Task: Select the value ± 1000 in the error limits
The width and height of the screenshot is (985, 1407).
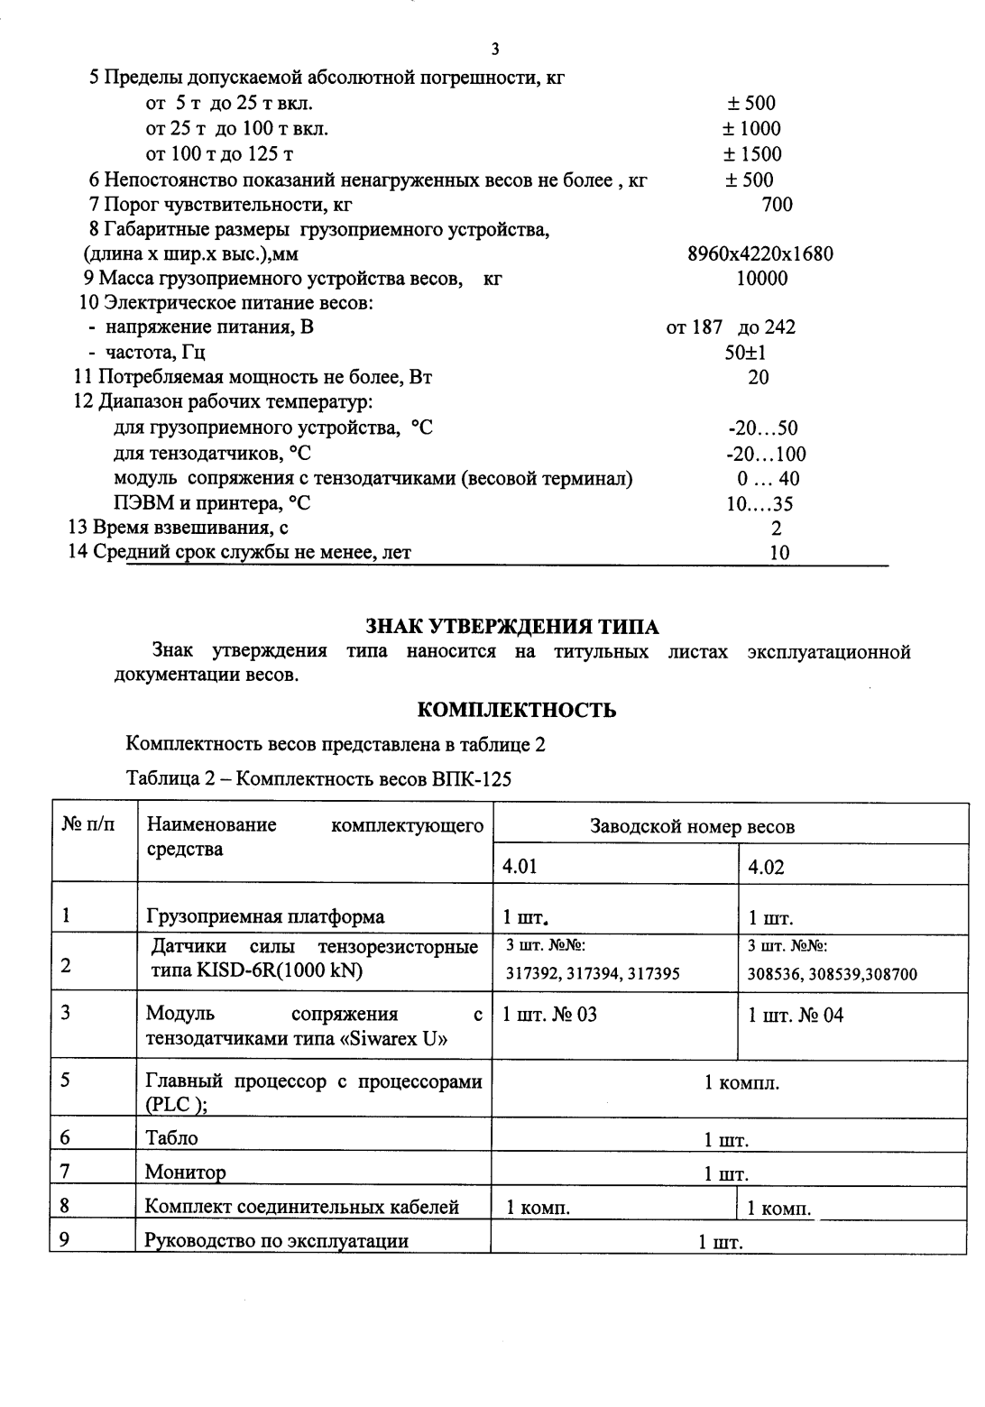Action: pyautogui.click(x=753, y=129)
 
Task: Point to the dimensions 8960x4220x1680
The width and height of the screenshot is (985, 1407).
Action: pyautogui.click(x=759, y=253)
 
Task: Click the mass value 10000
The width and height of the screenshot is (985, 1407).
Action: pyautogui.click(x=761, y=279)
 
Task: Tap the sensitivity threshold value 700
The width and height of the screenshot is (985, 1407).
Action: pyautogui.click(x=777, y=205)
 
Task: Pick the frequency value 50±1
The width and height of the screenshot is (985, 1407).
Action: pyautogui.click(x=745, y=353)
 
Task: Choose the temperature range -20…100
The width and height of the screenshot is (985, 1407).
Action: pyautogui.click(x=766, y=454)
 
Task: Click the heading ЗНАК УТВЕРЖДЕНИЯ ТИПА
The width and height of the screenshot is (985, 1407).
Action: pyautogui.click(x=511, y=627)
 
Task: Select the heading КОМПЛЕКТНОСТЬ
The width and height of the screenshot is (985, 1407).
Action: pyautogui.click(x=517, y=710)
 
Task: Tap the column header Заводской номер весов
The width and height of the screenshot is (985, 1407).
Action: pyautogui.click(x=692, y=826)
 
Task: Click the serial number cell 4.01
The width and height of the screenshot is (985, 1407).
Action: pyautogui.click(x=520, y=867)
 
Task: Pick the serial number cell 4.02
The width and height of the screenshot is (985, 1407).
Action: pyautogui.click(x=767, y=868)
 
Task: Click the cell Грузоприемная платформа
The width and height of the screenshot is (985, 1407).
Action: pyautogui.click(x=265, y=917)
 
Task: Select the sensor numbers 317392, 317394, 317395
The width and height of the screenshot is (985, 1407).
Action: pyautogui.click(x=593, y=973)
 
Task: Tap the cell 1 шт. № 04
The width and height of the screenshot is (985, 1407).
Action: pyautogui.click(x=796, y=1015)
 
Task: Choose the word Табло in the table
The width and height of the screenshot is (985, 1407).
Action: pyautogui.click(x=171, y=1138)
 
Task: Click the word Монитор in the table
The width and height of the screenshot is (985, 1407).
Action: pyautogui.click(x=186, y=1172)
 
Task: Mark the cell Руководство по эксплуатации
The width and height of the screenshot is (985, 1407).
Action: pyautogui.click(x=277, y=1241)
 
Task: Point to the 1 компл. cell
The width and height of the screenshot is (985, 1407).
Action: pyautogui.click(x=741, y=1082)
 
